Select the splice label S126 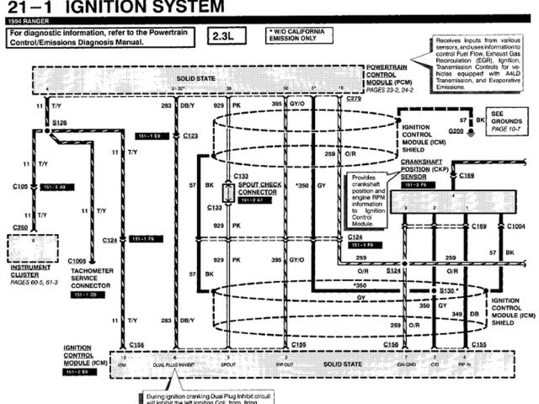59,123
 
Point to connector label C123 190,135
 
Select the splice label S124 394,271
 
